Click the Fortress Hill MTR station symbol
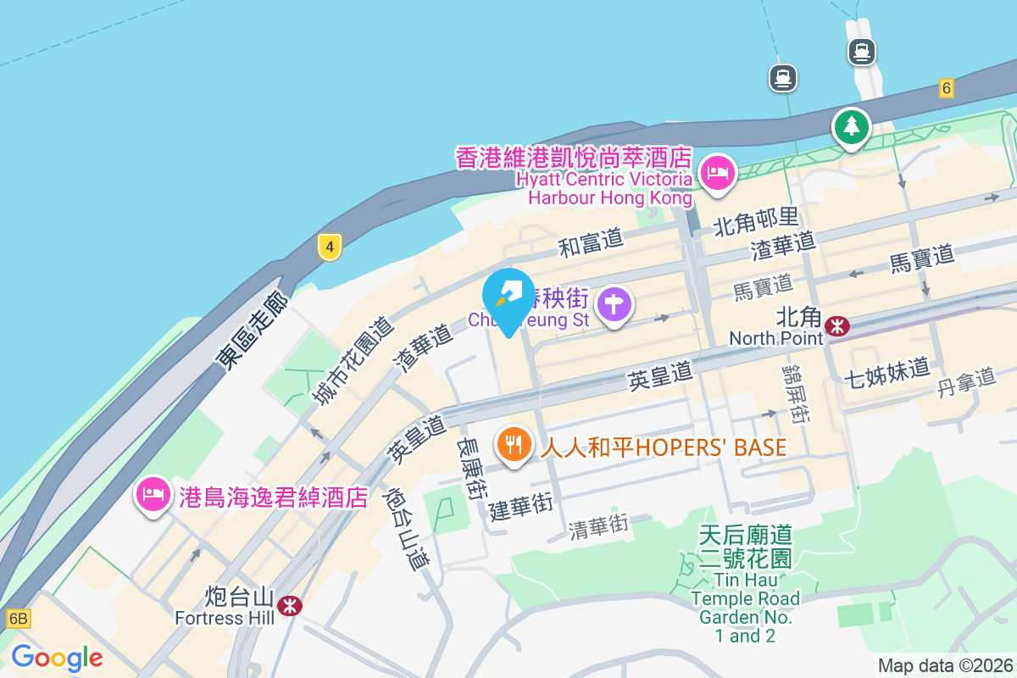(x=290, y=605)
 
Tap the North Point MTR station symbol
(x=837, y=325)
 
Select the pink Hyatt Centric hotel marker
(x=718, y=174)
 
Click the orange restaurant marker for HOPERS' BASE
(x=514, y=444)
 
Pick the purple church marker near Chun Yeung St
(x=614, y=305)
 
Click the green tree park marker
(x=851, y=127)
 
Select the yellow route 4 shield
(x=330, y=247)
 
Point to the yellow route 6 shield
(x=947, y=87)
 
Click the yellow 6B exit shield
(x=18, y=619)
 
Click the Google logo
(x=57, y=658)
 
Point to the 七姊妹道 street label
(x=887, y=371)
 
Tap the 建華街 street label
(x=520, y=507)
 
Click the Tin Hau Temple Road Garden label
(x=745, y=585)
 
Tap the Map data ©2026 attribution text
(x=945, y=666)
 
